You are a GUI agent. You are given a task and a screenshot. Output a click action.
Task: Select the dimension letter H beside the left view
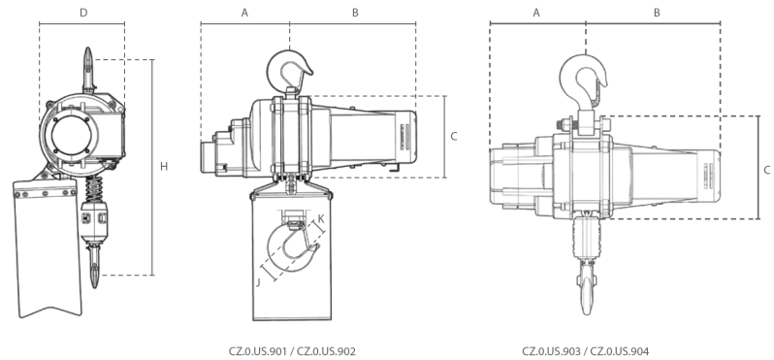coord(164,167)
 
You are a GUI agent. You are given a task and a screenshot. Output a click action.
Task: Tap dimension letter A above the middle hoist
coord(244,13)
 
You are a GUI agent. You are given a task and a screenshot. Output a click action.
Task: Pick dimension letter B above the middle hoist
coord(355,13)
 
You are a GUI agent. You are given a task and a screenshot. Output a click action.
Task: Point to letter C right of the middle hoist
coord(453,136)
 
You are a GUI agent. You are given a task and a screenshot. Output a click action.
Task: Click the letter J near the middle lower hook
coord(260,283)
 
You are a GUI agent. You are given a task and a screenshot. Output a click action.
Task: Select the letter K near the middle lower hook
coord(321,219)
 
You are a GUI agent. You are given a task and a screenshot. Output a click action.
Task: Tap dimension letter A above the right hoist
coord(536,13)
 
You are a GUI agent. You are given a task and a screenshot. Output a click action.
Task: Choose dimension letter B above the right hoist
coord(657,13)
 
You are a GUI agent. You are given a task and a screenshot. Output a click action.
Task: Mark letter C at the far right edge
coord(767,169)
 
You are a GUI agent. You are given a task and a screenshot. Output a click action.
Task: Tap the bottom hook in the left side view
coord(95,267)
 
